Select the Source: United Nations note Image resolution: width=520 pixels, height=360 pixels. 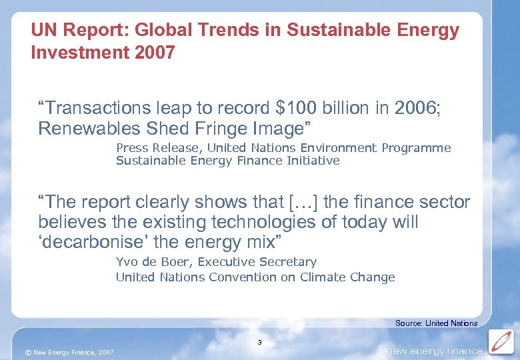click(436, 323)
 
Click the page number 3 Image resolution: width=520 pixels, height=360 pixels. click(260, 343)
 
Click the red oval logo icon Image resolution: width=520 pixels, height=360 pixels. click(501, 342)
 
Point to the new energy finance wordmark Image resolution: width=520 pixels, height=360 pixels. click(435, 351)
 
